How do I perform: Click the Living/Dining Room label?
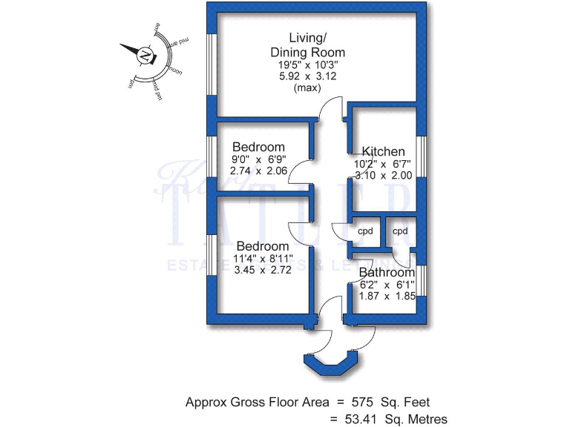click(x=307, y=44)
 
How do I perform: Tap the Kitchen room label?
click(x=383, y=151)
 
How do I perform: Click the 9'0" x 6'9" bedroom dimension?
click(x=258, y=159)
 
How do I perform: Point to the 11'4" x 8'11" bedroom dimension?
click(x=263, y=259)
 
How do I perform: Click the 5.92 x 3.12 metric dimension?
click(x=307, y=76)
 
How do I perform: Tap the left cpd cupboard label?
click(x=365, y=231)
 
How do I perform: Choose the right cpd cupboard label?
click(x=400, y=231)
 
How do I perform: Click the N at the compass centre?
click(x=145, y=56)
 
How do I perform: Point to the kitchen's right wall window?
click(x=420, y=156)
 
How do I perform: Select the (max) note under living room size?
click(x=307, y=88)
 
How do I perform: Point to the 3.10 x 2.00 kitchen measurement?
click(x=383, y=176)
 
